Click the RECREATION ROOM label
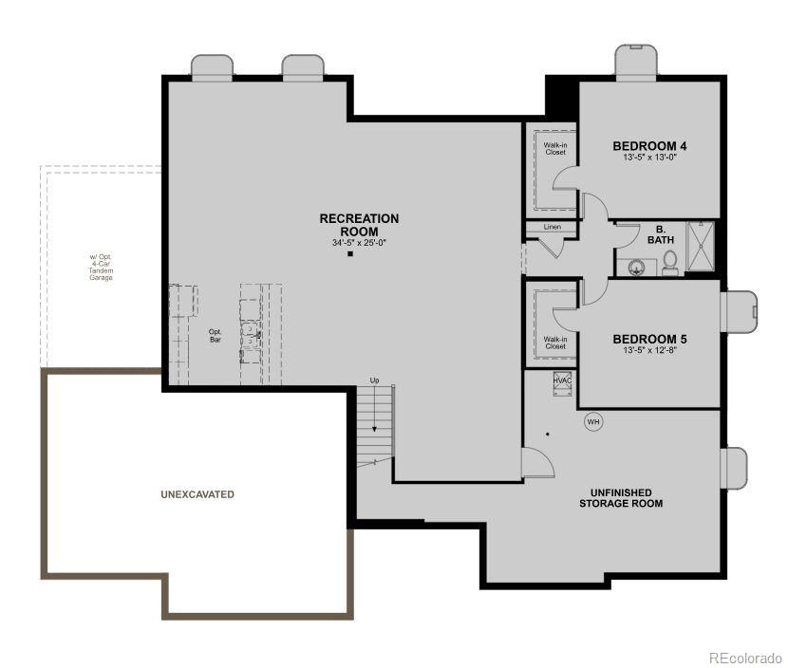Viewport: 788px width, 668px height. coord(359,225)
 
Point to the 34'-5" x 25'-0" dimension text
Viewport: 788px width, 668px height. coord(359,243)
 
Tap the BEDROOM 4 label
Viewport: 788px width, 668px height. coord(649,146)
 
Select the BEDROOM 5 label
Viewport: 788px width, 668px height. coord(649,339)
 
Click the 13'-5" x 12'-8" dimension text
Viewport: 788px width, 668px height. coord(649,350)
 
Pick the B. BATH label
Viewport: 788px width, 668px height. coord(661,233)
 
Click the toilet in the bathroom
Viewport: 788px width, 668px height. coord(669,261)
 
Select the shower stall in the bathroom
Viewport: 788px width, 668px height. coord(701,247)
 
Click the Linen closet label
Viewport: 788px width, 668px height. coord(553,228)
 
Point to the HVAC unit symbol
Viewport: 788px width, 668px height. coord(563,381)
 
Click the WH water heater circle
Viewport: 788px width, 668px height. coord(593,421)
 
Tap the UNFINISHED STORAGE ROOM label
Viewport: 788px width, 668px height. coord(621,498)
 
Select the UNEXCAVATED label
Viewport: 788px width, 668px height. coord(197,494)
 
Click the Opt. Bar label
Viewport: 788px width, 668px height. coord(215,336)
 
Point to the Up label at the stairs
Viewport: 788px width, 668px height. coord(374,380)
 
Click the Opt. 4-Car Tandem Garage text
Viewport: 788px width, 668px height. coord(101,268)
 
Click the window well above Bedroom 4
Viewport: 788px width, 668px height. coord(636,62)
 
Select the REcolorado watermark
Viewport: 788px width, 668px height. coord(745,657)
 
